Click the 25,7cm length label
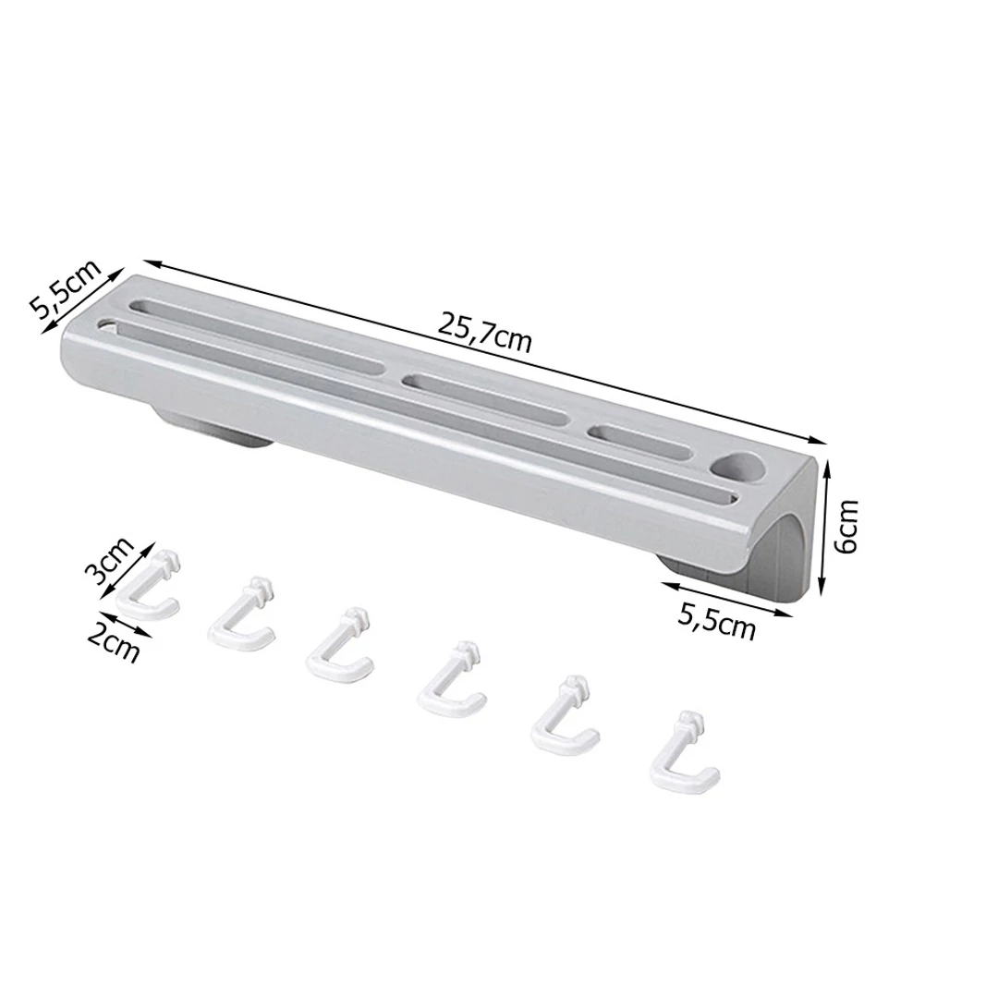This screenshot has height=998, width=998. coord(484,333)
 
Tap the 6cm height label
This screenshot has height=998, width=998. coord(846,526)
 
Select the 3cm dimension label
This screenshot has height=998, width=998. coord(110,561)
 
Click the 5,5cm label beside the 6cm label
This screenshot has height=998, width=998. coord(716,621)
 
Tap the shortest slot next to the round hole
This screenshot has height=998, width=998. coord(639,441)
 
